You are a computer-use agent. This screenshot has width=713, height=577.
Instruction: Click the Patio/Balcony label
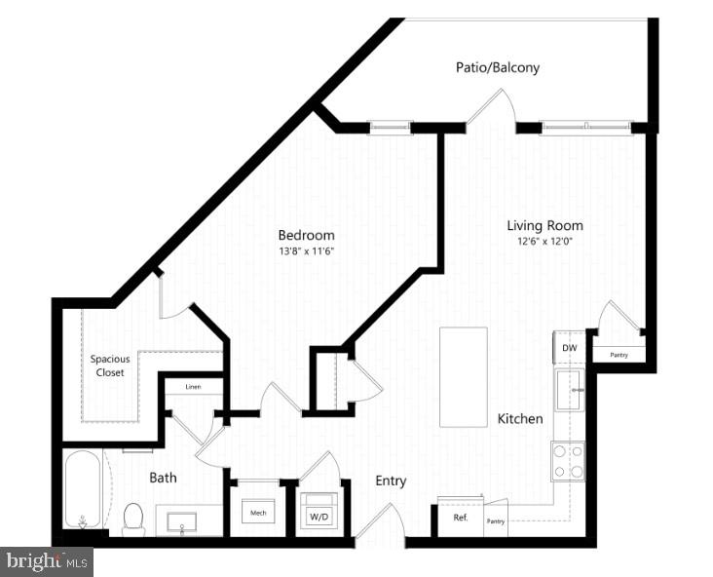pos(498,68)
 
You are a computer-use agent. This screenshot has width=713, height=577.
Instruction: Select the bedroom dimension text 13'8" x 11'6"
pos(306,250)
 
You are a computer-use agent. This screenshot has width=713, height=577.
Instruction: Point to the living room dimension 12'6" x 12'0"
pos(537,242)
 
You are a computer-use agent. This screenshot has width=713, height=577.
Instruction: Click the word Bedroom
pos(306,235)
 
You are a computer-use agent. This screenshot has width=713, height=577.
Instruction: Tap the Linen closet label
pos(193,387)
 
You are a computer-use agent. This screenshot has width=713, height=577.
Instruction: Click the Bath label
pos(162,479)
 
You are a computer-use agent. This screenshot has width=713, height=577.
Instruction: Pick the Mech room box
pos(258,512)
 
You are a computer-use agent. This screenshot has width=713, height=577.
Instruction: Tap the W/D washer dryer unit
pos(318,513)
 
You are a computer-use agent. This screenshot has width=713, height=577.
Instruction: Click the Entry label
pos(391,481)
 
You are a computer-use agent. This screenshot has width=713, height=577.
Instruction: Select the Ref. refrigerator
pos(461,518)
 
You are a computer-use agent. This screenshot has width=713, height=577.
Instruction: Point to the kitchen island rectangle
pos(463,376)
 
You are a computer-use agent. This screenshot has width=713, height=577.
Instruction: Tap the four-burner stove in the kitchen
pos(568,461)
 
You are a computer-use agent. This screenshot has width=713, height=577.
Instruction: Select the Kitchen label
pos(520,418)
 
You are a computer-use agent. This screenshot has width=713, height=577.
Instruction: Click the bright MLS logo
pos(48,560)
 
